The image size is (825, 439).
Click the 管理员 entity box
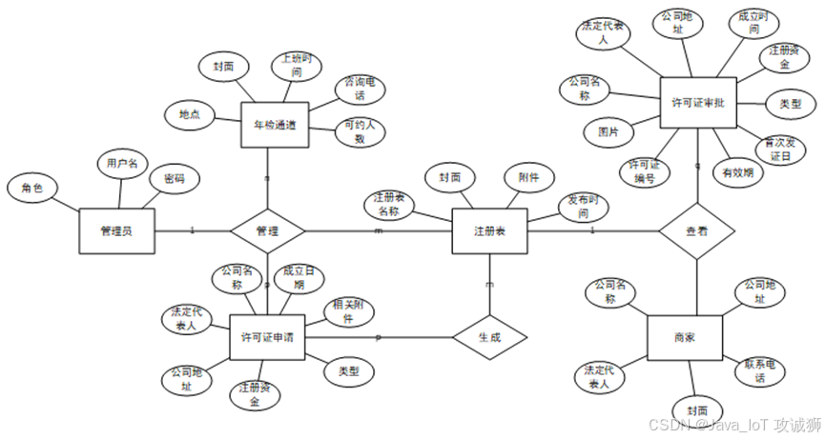116,231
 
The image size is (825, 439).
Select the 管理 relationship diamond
268,231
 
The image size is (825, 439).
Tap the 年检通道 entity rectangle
275,125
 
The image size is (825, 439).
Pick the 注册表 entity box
489,231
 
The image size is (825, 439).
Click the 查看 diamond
697,230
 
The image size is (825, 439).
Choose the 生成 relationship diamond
489,336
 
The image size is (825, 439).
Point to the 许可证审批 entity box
698,103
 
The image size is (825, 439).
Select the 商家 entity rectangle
684,337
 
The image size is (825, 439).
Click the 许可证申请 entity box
268,337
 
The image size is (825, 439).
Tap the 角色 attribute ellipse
32,188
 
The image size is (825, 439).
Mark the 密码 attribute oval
174,178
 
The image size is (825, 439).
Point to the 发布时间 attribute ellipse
584,209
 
